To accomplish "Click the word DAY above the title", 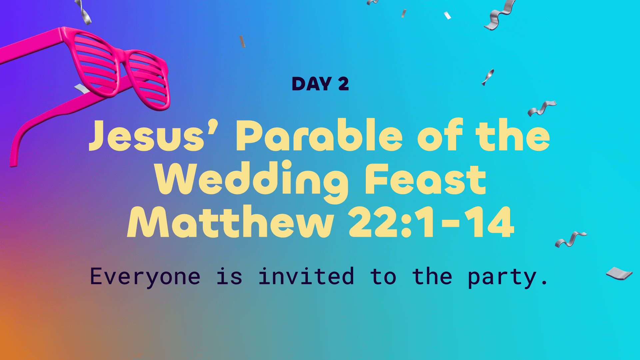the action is pos(312,84).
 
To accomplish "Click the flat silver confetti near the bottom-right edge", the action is pos(619,273).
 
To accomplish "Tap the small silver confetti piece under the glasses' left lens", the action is pos(81,89).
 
